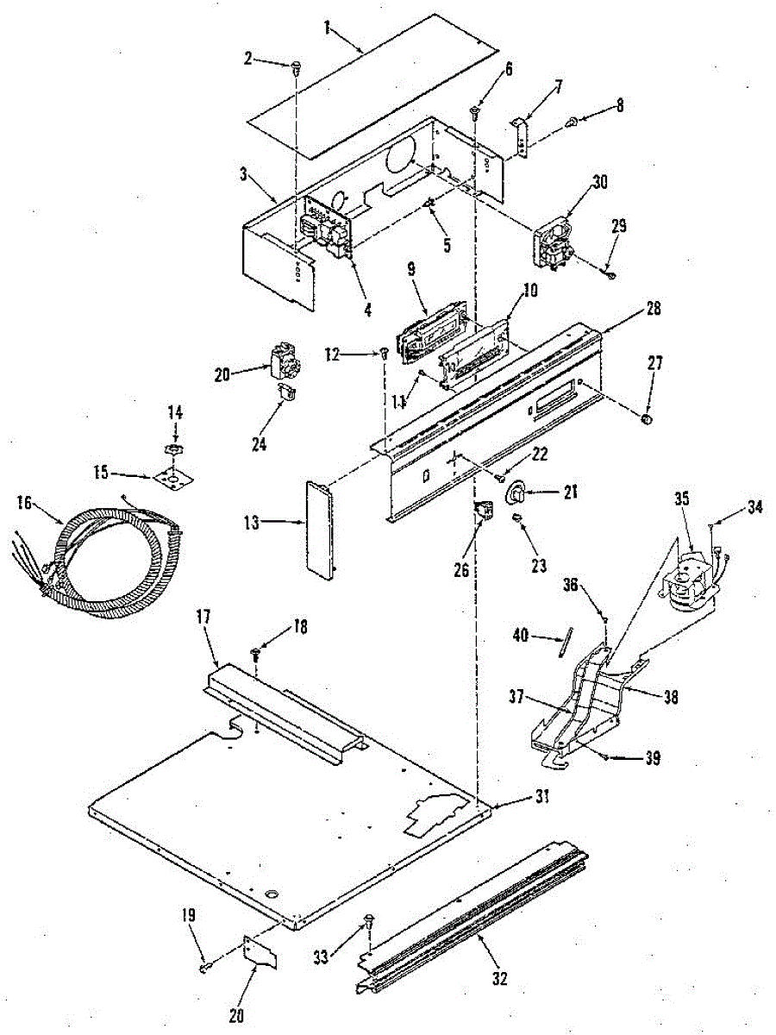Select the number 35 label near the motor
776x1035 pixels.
point(682,498)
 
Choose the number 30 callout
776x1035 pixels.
point(599,182)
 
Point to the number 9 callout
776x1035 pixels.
point(411,269)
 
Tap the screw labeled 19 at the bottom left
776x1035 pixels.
point(203,968)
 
